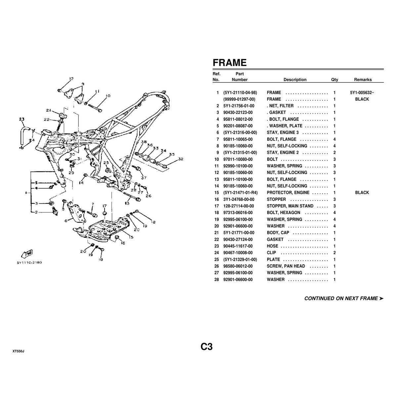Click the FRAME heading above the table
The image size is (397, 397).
(x=230, y=63)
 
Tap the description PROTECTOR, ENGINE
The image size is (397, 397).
(x=288, y=193)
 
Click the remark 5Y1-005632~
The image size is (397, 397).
(x=362, y=93)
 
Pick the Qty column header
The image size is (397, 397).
(x=334, y=80)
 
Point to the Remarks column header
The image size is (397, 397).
(x=363, y=80)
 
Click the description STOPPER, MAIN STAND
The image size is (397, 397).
(x=290, y=206)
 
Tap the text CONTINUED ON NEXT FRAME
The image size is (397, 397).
(x=341, y=298)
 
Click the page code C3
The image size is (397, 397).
(x=206, y=347)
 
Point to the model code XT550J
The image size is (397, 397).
(x=18, y=351)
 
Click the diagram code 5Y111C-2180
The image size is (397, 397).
(x=32, y=263)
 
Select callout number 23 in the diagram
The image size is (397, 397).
(x=22, y=119)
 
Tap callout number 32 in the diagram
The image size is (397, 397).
(x=180, y=159)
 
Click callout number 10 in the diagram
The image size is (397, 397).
(x=108, y=96)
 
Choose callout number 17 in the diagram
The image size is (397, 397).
(x=105, y=206)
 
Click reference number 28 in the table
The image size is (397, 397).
(x=216, y=280)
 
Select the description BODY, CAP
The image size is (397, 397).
(x=278, y=233)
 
